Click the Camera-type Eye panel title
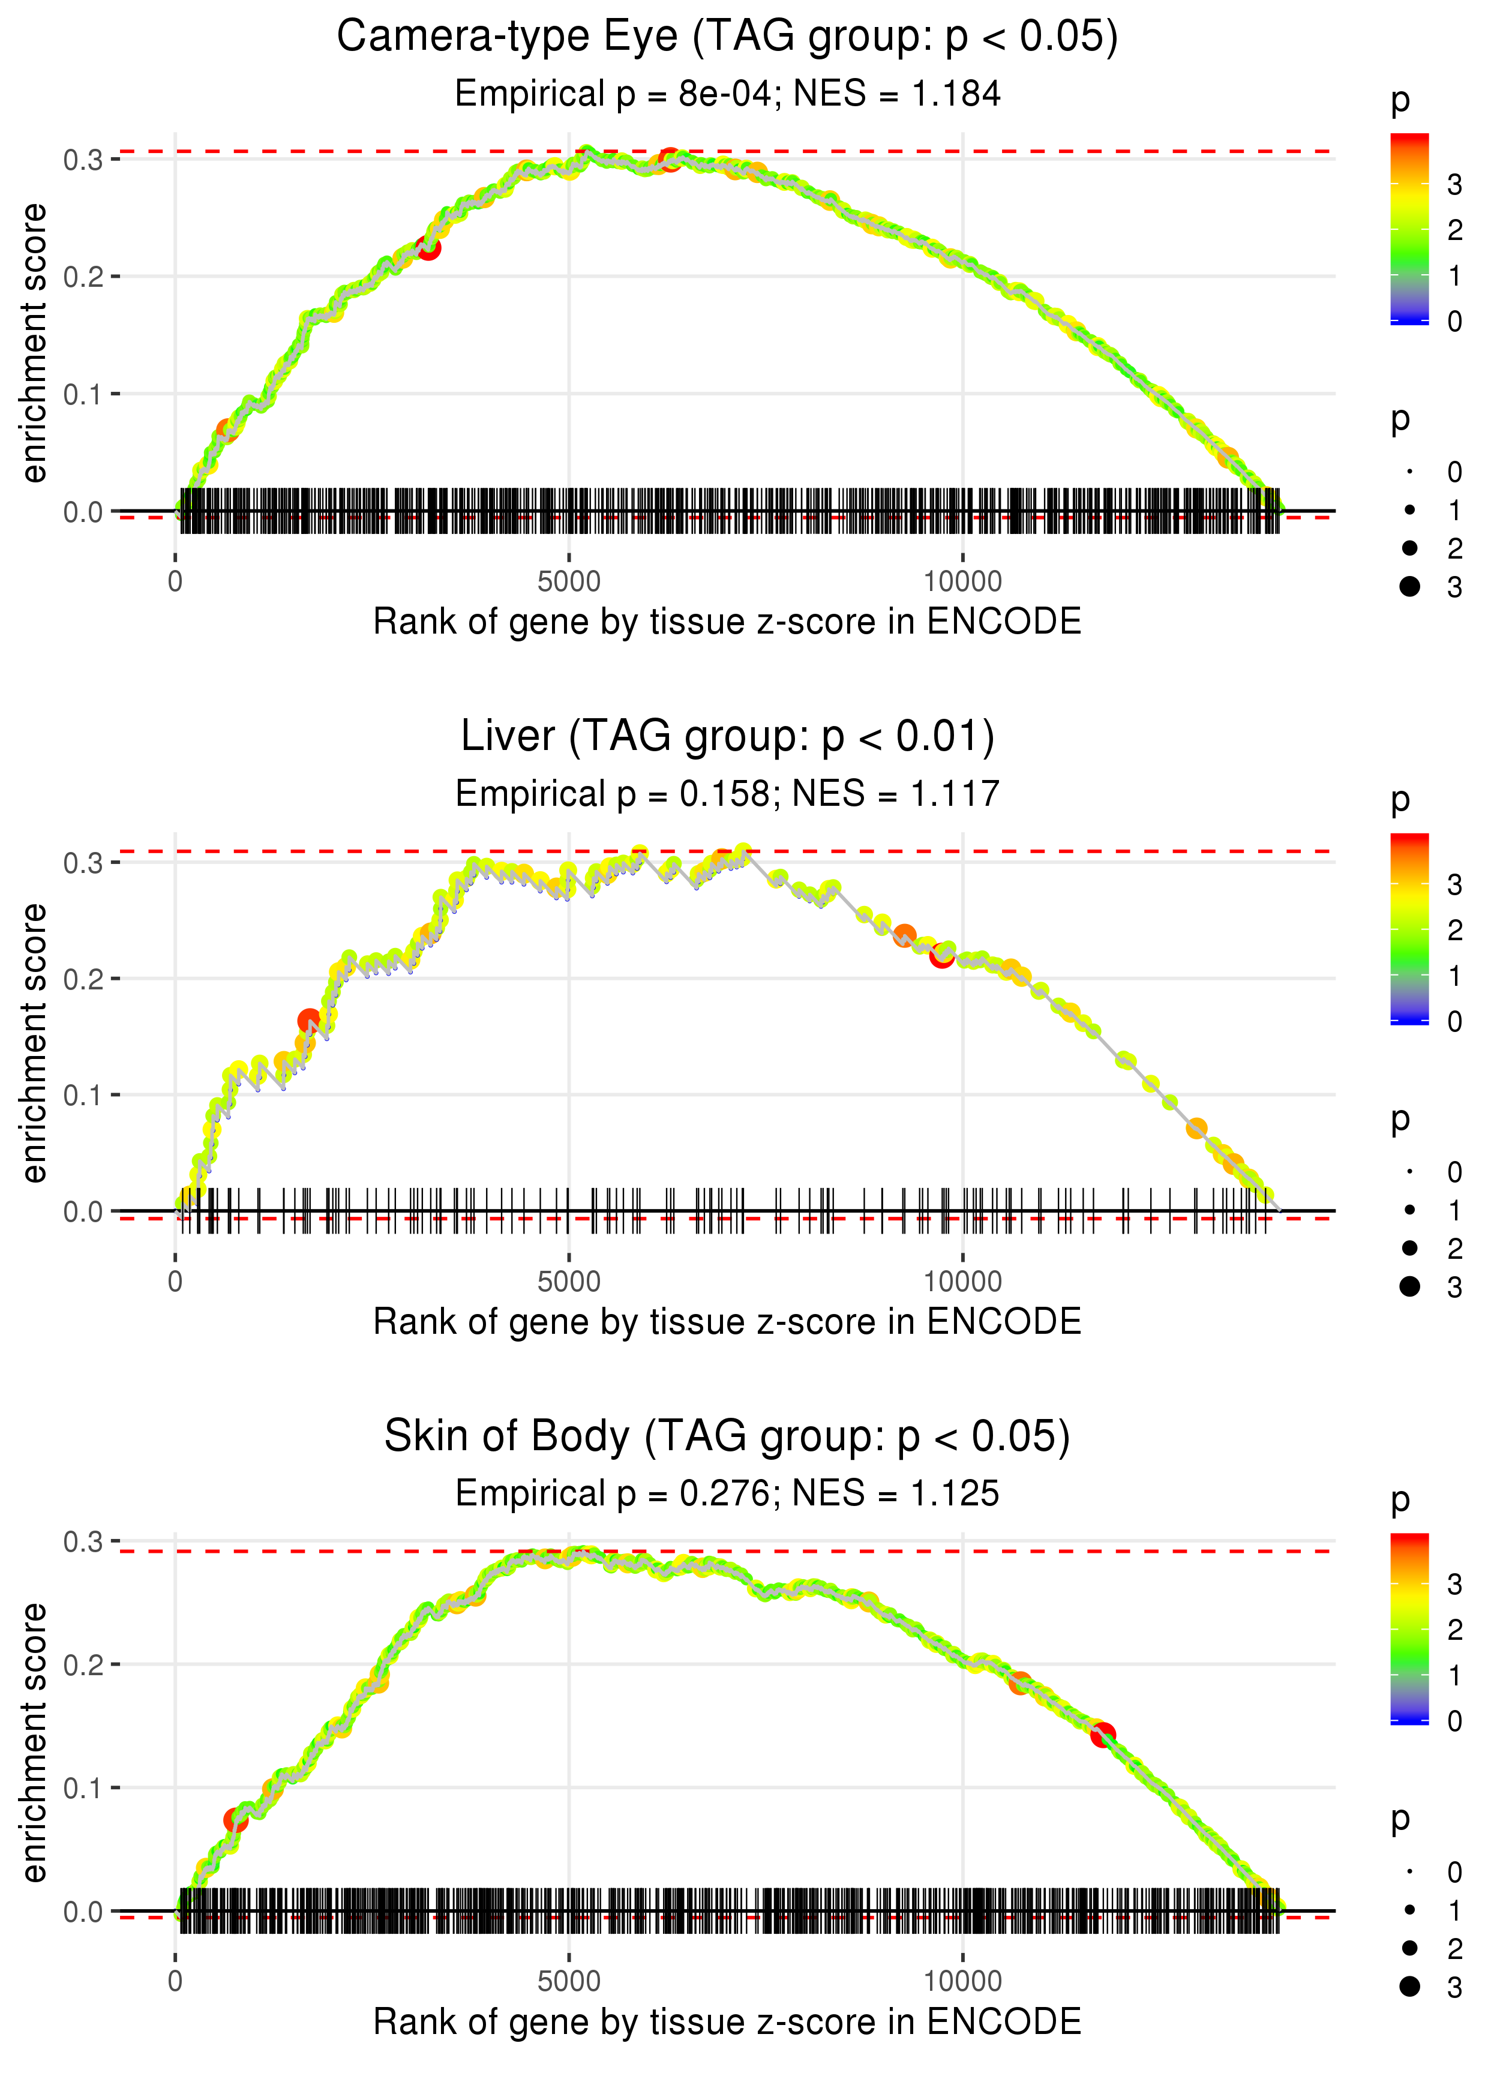pos(727,37)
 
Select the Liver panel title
pos(727,737)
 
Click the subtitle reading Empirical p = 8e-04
pos(727,94)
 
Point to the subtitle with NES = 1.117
pos(727,794)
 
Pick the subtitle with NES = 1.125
pos(727,1493)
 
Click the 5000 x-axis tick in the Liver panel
pos(569,1282)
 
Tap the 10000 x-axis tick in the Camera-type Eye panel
pos(962,582)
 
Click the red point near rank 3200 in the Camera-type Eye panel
pos(428,247)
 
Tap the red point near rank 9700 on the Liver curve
pos(941,956)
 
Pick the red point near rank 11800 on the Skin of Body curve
pos(1103,1735)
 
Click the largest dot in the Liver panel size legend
pos(1409,1286)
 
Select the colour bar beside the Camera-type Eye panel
pos(1409,229)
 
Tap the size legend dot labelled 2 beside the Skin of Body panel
pos(1409,1948)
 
